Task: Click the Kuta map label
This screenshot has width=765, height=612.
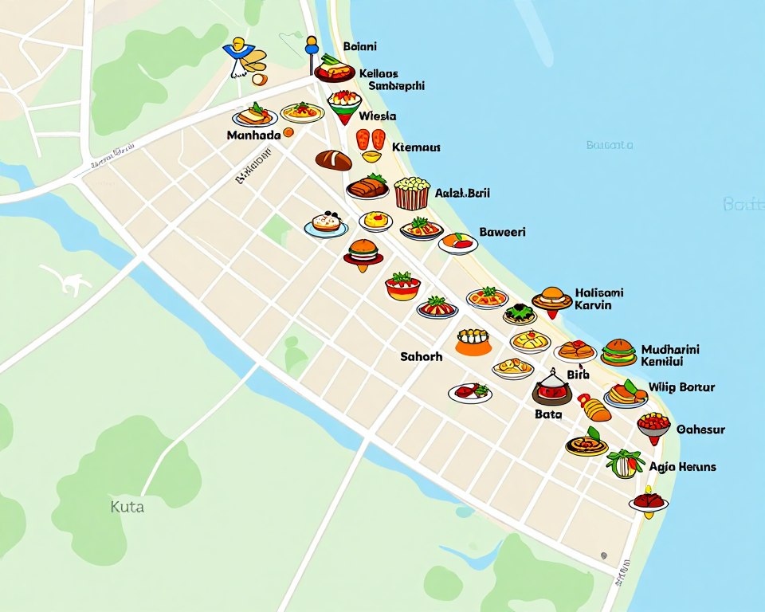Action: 127,506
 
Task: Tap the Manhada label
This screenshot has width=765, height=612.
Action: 253,135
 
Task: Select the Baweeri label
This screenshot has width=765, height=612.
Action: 502,232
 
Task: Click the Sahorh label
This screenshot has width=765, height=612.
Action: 421,356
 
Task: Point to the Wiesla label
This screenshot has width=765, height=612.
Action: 377,116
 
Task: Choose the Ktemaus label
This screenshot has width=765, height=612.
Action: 417,147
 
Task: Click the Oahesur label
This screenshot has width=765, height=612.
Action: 700,429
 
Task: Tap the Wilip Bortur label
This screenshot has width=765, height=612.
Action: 681,387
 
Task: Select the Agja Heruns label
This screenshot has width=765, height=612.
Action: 682,466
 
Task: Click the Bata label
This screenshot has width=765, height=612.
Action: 548,414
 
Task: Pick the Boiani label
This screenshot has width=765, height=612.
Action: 359,47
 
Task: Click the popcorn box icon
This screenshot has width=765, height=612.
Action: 412,193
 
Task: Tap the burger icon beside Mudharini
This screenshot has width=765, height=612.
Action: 618,351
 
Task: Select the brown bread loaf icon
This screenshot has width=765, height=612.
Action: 333,160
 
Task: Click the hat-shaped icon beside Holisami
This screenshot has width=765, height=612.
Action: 551,298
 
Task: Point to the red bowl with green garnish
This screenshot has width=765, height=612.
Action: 402,285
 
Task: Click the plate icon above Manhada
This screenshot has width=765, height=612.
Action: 254,116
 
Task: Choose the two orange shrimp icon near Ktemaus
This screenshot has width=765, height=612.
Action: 371,140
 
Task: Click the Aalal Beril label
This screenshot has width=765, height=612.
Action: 462,193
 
